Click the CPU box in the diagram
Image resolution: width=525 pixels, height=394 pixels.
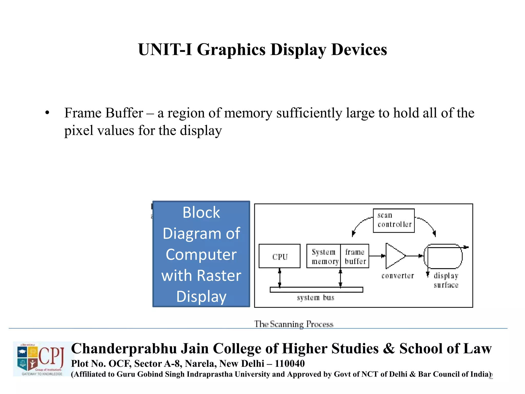click(279, 256)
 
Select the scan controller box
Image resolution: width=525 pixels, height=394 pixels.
click(394, 221)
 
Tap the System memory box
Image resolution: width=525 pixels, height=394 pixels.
click(324, 256)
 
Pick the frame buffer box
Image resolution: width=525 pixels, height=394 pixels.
click(355, 256)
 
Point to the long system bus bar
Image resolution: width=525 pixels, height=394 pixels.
click(316, 290)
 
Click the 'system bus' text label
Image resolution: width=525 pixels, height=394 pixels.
click(316, 298)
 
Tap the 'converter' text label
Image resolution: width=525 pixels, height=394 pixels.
click(398, 276)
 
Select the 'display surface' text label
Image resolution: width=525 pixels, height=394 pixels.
click(446, 280)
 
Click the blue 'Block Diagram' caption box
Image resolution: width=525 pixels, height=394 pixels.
click(201, 254)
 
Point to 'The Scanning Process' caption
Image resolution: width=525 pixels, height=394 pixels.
click(294, 324)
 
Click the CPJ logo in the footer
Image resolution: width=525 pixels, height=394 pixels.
click(41, 359)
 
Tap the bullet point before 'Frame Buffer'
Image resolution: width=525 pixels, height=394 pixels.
click(47, 113)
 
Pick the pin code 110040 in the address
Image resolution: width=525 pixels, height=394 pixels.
click(290, 363)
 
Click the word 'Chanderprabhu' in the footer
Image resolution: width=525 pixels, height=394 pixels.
click(124, 349)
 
